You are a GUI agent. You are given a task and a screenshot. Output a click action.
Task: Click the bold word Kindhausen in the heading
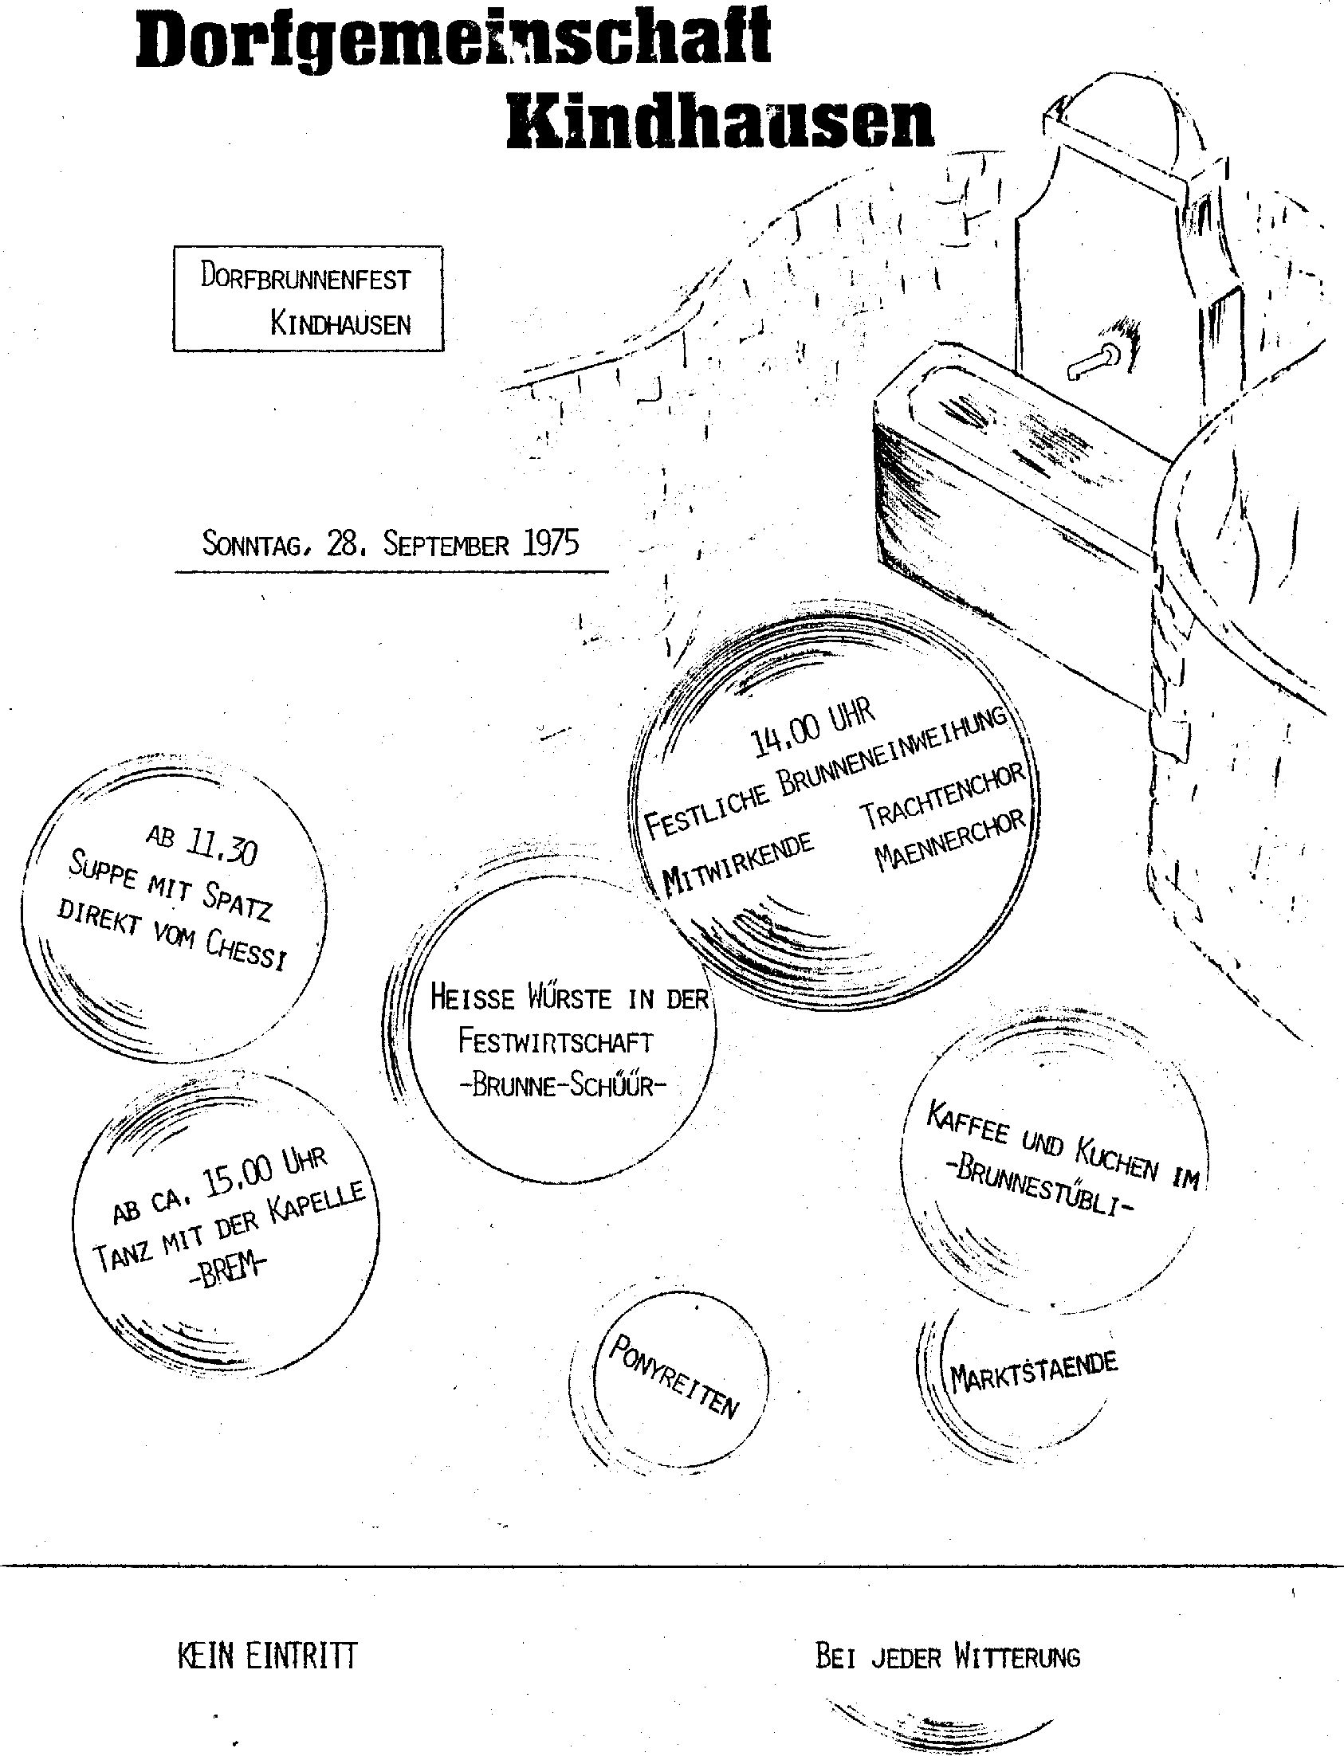click(721, 123)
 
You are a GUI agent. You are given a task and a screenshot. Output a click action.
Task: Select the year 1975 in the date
click(549, 543)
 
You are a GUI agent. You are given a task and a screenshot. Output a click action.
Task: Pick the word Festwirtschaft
click(555, 1042)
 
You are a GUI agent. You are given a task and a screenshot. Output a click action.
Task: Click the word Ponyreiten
click(674, 1376)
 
